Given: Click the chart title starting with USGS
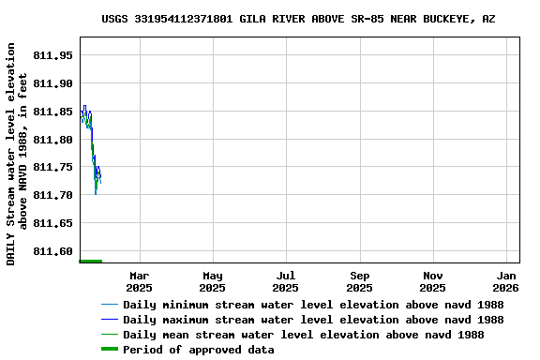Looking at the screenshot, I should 298,19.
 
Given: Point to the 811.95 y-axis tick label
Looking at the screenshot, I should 52,55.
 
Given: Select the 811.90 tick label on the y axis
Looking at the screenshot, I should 52,83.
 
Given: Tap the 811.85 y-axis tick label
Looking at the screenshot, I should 52,112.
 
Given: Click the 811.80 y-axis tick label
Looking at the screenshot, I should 52,140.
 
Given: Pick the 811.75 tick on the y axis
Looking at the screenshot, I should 52,167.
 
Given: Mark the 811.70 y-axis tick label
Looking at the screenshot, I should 52,195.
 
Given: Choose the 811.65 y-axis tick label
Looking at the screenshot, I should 52,223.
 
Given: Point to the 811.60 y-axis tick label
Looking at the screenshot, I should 52,251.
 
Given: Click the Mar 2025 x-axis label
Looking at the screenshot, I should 139,281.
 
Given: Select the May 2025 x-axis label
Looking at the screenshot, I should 213,281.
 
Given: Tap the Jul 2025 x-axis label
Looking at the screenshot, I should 286,281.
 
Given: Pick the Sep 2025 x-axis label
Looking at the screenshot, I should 360,281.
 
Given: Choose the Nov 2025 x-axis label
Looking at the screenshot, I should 433,281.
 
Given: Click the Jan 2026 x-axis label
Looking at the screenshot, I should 507,281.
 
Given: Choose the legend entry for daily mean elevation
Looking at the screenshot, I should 303,335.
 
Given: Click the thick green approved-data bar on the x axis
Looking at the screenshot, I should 91,261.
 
